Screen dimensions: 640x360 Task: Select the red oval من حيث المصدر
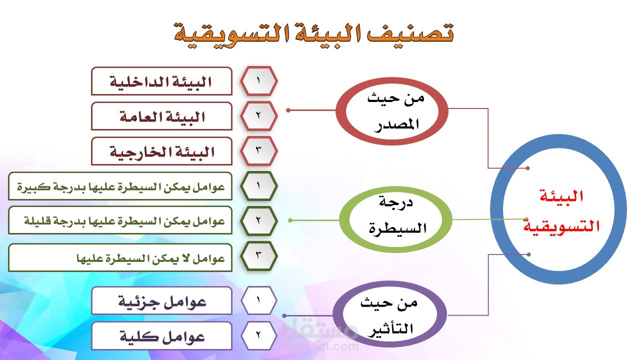click(x=341, y=111)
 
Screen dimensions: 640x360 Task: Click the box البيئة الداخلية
click(x=161, y=81)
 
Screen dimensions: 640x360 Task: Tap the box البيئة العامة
click(x=161, y=116)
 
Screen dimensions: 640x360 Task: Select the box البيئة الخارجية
click(x=161, y=151)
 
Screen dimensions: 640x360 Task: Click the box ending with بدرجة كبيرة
click(x=120, y=186)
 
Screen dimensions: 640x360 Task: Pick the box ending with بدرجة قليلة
click(x=120, y=220)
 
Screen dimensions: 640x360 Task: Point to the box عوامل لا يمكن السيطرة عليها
click(x=120, y=257)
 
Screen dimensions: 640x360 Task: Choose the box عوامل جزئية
click(x=161, y=301)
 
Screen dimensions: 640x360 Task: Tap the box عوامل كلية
click(x=161, y=336)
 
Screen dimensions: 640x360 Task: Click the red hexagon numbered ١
click(x=259, y=81)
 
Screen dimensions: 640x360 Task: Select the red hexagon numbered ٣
click(x=259, y=151)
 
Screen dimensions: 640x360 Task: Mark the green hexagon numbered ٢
click(x=259, y=220)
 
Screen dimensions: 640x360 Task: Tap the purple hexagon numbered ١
click(x=259, y=300)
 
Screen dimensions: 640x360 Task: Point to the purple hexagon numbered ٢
click(x=259, y=335)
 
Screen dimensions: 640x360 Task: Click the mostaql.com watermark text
click(x=320, y=346)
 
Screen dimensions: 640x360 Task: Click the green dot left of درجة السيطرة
click(x=290, y=220)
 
